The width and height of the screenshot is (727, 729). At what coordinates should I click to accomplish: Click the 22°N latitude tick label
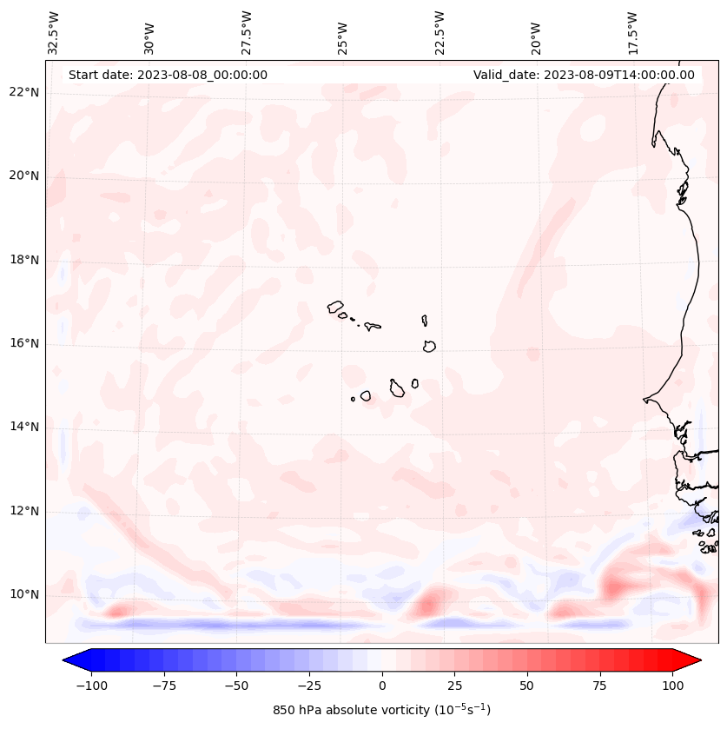click(x=24, y=93)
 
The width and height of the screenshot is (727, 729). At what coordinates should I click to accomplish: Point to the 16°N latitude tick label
click(x=24, y=344)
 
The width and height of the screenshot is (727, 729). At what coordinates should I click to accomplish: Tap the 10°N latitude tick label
click(x=24, y=595)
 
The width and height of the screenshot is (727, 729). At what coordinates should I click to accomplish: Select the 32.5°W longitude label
click(x=54, y=32)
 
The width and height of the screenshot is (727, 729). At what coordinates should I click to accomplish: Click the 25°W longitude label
click(x=343, y=34)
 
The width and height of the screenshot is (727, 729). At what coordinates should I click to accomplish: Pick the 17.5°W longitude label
click(x=632, y=32)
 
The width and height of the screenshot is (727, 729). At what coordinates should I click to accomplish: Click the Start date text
click(x=168, y=75)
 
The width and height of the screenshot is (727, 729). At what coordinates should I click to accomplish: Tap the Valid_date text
click(x=584, y=75)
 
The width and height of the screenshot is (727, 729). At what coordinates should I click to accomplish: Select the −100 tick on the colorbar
click(x=91, y=686)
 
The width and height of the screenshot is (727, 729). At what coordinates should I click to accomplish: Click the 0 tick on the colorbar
click(x=381, y=686)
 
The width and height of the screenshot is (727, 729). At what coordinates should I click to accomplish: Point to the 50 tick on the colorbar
click(x=527, y=686)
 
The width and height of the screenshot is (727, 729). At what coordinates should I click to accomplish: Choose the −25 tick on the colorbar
click(x=308, y=686)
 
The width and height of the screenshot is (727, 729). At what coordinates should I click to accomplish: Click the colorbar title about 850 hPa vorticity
click(x=381, y=710)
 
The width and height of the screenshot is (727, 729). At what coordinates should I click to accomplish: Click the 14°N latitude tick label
click(x=24, y=427)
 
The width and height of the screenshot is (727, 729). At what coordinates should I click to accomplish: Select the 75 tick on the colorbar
click(x=600, y=686)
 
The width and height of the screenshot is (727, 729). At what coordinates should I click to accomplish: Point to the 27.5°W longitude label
click(x=247, y=32)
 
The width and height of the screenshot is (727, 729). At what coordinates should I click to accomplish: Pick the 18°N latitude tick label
click(x=24, y=260)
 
